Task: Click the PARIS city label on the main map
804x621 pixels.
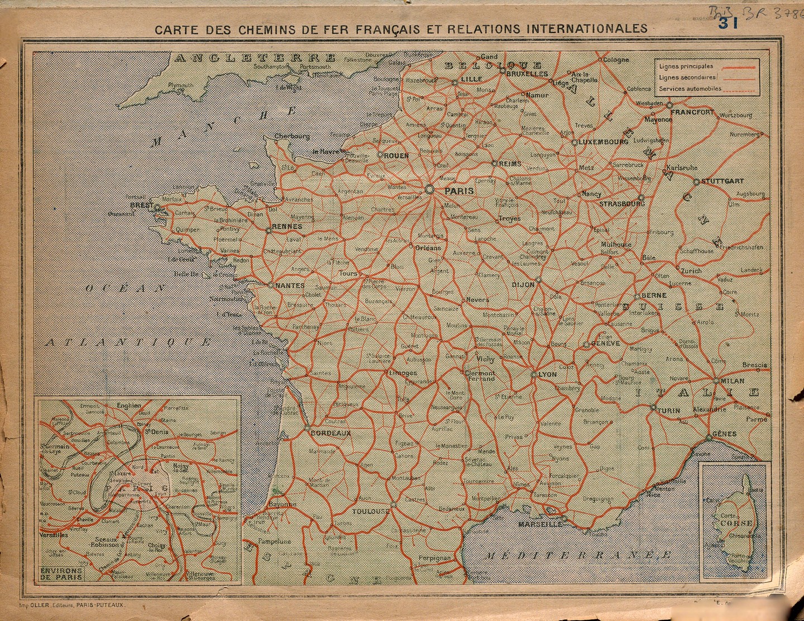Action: pos(459,191)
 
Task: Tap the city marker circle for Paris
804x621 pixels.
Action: pos(429,189)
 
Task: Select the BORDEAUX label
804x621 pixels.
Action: pos(331,433)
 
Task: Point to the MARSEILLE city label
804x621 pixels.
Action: pos(540,524)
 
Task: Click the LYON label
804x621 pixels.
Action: pos(547,374)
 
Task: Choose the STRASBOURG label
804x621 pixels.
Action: pos(621,204)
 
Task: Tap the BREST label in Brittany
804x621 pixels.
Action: pos(141,206)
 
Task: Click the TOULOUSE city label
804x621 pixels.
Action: pos(371,511)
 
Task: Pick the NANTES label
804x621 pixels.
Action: pos(290,285)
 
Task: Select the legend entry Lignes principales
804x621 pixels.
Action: pos(686,66)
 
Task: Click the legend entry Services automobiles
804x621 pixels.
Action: pos(690,89)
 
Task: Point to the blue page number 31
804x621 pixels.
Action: pos(728,23)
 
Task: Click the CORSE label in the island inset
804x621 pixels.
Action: pos(736,523)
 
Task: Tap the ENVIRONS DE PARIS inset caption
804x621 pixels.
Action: pos(61,574)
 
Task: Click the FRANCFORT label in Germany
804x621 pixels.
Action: pos(692,112)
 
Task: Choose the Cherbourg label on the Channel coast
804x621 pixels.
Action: pos(291,136)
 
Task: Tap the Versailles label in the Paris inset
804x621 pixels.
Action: pos(54,534)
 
